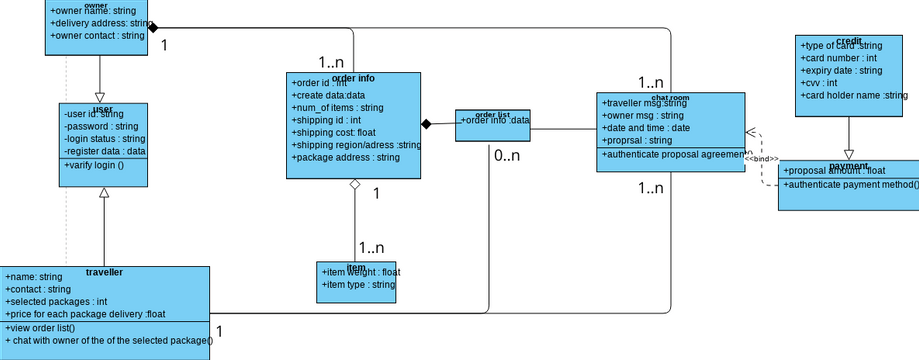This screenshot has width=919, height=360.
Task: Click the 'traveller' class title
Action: (x=105, y=271)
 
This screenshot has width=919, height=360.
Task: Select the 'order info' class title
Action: (x=353, y=77)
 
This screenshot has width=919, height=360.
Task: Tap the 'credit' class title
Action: (x=848, y=40)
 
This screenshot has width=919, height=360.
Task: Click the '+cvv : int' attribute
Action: (x=819, y=83)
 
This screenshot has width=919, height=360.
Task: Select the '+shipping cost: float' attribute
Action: (x=334, y=132)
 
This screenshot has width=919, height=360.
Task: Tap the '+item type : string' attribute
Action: (x=359, y=285)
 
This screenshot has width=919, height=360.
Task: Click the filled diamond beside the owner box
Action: (x=154, y=29)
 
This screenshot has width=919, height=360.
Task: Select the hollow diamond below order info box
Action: (x=353, y=185)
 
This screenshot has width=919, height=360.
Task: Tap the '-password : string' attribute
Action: (x=100, y=127)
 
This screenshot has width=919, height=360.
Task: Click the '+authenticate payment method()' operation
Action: (x=850, y=185)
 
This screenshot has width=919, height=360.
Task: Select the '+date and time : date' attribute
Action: (x=646, y=128)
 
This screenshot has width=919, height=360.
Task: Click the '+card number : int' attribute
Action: (x=839, y=58)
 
